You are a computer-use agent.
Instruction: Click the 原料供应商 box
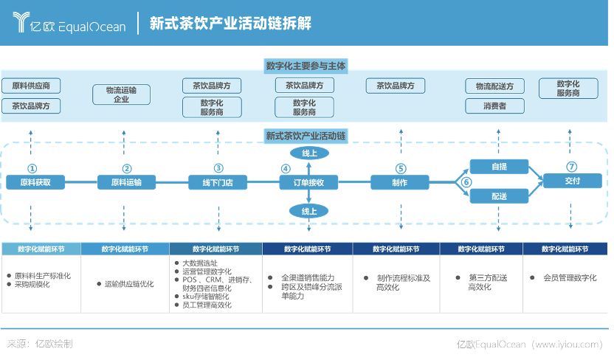31,86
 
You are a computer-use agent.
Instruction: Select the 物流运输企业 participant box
121,94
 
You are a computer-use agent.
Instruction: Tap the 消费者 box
494,105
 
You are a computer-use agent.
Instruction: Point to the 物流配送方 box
494,86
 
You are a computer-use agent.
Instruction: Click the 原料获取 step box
35,182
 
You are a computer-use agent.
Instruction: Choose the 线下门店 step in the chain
218,182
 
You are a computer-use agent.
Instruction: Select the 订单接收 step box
308,182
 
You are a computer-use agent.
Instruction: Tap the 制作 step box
400,182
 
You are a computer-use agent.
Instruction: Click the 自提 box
500,167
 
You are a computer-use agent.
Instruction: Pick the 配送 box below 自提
500,196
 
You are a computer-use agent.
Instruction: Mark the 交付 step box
573,181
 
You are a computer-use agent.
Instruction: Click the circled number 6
466,182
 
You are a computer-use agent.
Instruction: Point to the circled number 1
32,169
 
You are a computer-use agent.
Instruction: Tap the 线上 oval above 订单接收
309,153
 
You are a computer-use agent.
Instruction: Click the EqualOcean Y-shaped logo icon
21,21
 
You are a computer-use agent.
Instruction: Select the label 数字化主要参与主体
306,66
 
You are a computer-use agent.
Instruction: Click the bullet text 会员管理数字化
570,278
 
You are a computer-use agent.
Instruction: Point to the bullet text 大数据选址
200,263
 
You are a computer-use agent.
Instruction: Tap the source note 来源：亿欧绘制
40,344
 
